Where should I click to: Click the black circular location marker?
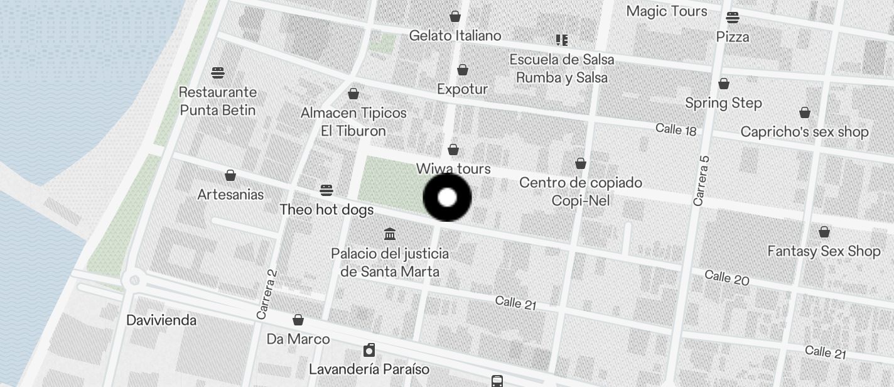(447, 197)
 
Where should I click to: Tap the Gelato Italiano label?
(455, 36)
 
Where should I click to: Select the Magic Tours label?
(666, 11)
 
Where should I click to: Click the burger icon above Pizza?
(733, 18)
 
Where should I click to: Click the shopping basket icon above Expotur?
(463, 70)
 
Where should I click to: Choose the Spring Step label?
(723, 103)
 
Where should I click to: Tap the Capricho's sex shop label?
(804, 132)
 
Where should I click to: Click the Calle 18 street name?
(676, 129)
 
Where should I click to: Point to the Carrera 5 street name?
(701, 181)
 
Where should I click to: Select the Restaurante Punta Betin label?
(218, 101)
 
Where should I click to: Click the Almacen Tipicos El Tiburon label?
(353, 122)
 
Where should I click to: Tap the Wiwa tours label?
(453, 169)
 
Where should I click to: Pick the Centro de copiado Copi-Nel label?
(581, 192)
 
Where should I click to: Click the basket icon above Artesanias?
(230, 175)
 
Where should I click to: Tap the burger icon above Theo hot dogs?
(326, 190)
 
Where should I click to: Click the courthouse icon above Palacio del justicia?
(390, 234)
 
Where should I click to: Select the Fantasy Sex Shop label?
(824, 251)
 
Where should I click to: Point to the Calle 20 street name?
(726, 277)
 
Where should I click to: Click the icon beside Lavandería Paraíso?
(370, 350)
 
